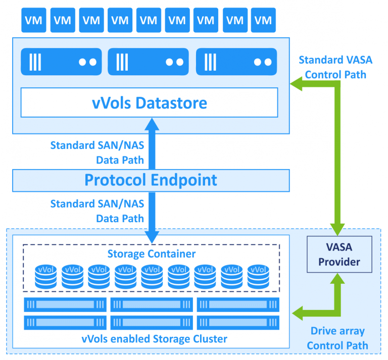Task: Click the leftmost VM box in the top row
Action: [x=34, y=20]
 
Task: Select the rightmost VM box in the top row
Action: [x=263, y=20]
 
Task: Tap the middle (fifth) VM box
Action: [x=149, y=20]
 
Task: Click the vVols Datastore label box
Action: [x=150, y=103]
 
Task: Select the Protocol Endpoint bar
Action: [x=151, y=180]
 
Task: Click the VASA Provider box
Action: [x=339, y=254]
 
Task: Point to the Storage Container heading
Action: [x=152, y=253]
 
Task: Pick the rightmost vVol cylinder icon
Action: [x=258, y=276]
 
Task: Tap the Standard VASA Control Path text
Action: [x=335, y=66]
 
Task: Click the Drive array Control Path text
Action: [x=337, y=339]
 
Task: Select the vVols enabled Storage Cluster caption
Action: [x=152, y=338]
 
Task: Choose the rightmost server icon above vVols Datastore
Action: [x=236, y=62]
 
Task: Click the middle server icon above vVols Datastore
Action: [x=149, y=62]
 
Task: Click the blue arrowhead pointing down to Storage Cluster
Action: [x=151, y=235]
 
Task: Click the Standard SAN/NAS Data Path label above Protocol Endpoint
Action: [x=97, y=152]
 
